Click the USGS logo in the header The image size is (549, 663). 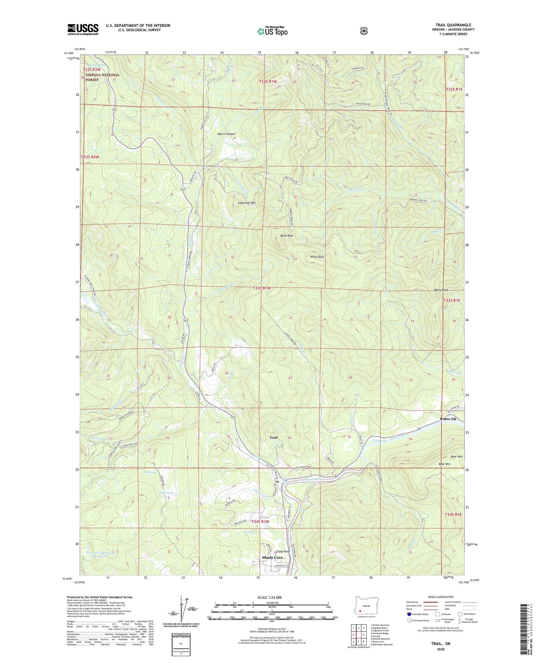coord(83,29)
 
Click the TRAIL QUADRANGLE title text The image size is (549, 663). coord(453,25)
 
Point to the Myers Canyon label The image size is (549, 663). coord(226,134)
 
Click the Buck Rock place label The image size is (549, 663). coord(287,236)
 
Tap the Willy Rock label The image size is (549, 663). coord(317,257)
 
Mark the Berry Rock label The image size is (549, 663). coord(441,290)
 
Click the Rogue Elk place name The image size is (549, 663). coord(448,419)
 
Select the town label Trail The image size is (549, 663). coord(273,437)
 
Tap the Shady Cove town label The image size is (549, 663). coord(272,557)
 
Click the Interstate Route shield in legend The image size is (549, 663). coord(409,614)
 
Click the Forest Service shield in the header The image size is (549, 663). coord(364,31)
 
